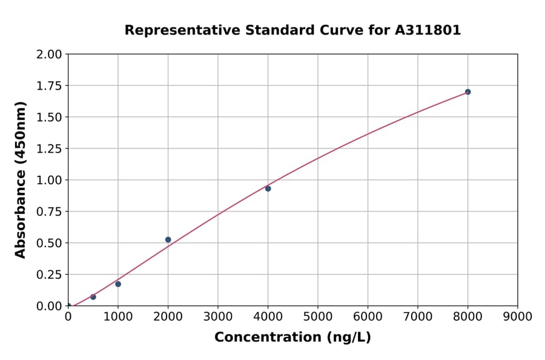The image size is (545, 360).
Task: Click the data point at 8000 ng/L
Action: (x=467, y=92)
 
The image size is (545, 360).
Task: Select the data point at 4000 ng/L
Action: (x=268, y=188)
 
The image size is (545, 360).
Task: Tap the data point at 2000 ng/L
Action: (x=168, y=240)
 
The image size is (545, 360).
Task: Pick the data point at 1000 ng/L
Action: (x=118, y=284)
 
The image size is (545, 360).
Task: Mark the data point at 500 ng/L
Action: (x=93, y=297)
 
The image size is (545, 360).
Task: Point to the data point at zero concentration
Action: (x=68, y=306)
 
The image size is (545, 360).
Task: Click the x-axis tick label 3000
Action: (x=218, y=317)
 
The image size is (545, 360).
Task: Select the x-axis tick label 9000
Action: (x=517, y=317)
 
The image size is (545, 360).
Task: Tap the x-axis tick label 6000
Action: (x=368, y=317)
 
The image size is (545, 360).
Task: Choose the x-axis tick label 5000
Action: (x=318, y=317)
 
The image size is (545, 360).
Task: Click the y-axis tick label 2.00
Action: (x=50, y=55)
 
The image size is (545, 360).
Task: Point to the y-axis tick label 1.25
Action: (x=50, y=148)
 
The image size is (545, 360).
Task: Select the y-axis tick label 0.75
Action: (x=50, y=212)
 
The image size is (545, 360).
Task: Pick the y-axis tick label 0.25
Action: (x=50, y=275)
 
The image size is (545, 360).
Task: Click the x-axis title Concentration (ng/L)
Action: (x=292, y=338)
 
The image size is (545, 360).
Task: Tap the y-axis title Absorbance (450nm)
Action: (x=21, y=180)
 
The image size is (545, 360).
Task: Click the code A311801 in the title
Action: (x=428, y=30)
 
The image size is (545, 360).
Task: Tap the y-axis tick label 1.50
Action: (x=50, y=117)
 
